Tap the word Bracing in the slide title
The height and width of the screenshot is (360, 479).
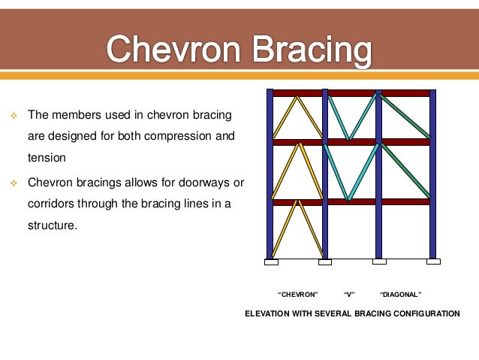(307, 51)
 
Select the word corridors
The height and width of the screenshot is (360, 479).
(54, 203)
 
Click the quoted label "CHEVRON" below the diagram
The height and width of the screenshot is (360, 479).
(298, 294)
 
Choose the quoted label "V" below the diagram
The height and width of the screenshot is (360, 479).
(348, 294)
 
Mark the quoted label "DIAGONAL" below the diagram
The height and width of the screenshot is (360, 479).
(401, 294)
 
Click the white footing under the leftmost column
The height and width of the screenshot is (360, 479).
(271, 262)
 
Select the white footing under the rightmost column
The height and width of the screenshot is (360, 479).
(433, 262)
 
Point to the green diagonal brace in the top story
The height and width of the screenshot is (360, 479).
(405, 116)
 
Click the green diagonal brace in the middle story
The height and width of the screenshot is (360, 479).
(405, 171)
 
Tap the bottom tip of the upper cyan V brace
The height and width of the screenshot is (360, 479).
(348, 138)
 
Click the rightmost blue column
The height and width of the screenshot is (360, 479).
(432, 173)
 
